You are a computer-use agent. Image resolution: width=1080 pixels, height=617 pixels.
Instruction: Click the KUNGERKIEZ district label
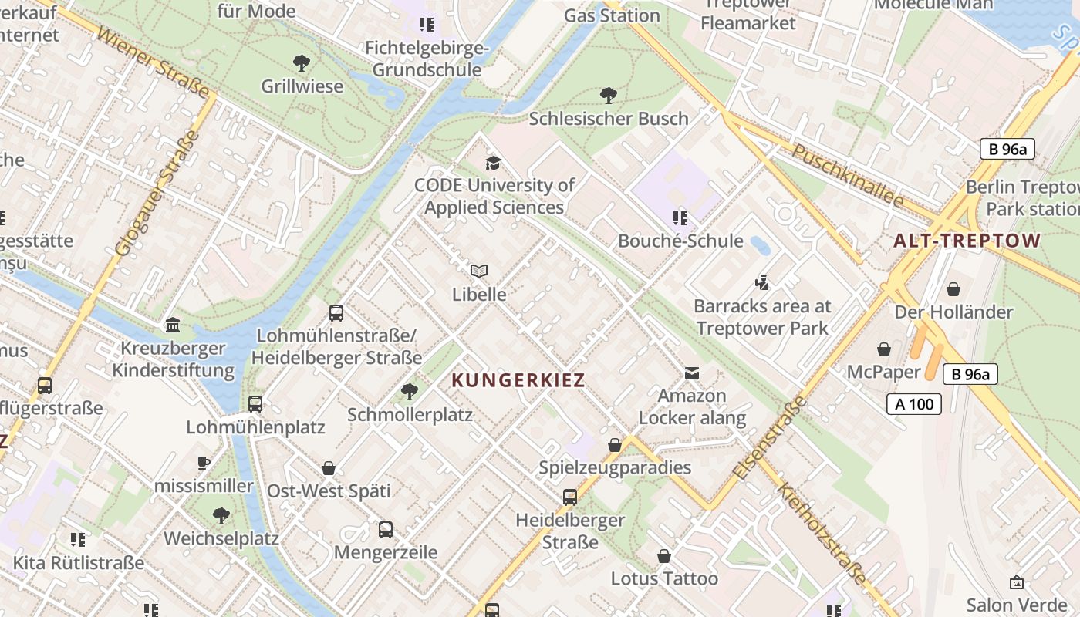coord(518,380)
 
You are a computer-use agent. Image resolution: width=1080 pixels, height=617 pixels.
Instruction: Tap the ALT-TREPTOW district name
coord(967,241)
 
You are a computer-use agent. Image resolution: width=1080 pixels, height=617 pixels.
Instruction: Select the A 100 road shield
coord(914,403)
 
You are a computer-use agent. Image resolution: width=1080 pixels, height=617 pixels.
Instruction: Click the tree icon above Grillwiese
coord(302,62)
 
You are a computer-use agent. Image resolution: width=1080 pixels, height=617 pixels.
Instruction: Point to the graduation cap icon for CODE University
coord(493,163)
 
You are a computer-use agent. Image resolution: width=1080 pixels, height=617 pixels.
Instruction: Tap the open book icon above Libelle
coord(479,271)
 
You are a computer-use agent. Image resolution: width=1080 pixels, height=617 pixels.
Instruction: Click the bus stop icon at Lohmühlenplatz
coord(255,404)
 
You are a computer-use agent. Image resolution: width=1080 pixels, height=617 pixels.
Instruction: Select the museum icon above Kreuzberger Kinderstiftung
coord(173,325)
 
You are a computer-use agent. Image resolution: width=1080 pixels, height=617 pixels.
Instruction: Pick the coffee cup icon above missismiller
coord(204,464)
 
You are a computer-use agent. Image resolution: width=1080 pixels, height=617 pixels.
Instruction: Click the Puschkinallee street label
coord(847,175)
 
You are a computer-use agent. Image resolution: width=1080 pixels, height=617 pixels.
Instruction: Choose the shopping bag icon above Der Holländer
coord(953,289)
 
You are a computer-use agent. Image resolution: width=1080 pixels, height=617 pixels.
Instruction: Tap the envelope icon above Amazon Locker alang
coord(692,373)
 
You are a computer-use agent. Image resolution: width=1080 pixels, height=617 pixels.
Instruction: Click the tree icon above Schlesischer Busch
coord(609,96)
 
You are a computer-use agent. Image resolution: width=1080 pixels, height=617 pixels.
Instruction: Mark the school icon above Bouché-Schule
coord(680,218)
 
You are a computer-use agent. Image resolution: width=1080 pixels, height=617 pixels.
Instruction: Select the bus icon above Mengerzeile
coord(386,530)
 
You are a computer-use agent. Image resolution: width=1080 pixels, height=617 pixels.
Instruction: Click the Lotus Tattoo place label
coord(664,578)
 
